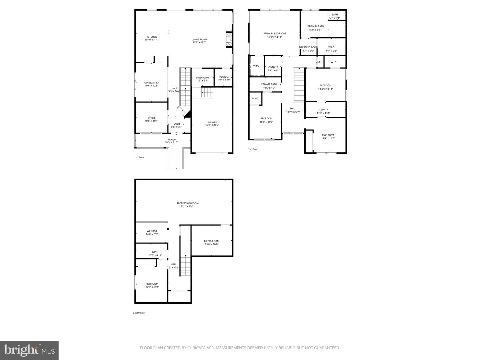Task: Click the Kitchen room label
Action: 152,37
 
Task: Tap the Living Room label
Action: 199,40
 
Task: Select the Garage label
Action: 212,122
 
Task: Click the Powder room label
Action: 224,77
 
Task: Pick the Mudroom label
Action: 202,78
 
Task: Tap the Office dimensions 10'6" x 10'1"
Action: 152,121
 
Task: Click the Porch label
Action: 172,140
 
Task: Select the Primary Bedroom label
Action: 274,34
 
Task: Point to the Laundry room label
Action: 273,67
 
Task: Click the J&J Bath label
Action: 323,110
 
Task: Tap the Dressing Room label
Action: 308,47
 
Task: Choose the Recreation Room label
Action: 187,203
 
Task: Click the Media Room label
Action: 212,241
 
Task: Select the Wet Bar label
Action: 152,231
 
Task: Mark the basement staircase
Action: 185,265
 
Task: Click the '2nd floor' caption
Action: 253,149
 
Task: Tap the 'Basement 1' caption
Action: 139,313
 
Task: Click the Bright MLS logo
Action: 29,350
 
